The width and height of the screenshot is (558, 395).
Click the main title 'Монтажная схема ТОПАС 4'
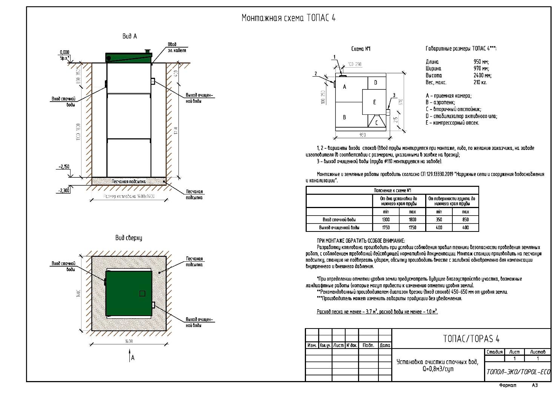(x=288, y=18)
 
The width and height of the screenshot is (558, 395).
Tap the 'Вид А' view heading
(x=129, y=36)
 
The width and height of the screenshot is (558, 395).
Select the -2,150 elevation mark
(x=64, y=167)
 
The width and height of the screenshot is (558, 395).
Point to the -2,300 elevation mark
(x=64, y=190)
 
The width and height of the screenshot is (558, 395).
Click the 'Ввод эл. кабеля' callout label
(x=177, y=47)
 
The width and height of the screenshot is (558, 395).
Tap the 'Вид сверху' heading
(x=129, y=238)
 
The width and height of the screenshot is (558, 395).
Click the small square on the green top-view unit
(x=142, y=293)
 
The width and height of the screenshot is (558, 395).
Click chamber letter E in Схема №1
(x=374, y=102)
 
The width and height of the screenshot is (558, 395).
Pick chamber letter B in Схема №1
(x=344, y=117)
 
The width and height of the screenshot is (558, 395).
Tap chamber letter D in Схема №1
(x=375, y=82)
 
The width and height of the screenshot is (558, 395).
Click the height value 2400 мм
(x=482, y=76)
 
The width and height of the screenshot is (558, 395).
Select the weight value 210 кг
(x=480, y=82)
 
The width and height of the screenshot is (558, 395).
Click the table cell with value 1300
(x=386, y=219)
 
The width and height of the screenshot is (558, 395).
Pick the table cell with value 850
(x=465, y=219)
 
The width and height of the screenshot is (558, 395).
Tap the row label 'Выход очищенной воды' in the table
(x=339, y=227)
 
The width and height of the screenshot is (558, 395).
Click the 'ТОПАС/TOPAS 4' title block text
(x=471, y=339)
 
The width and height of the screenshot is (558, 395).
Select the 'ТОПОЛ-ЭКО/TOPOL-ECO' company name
(x=518, y=372)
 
